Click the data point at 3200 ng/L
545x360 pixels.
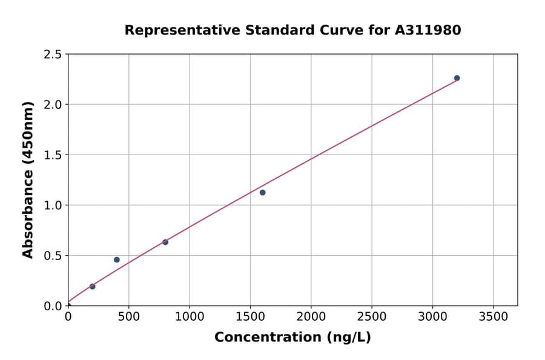(457, 78)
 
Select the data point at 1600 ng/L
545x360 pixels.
(262, 193)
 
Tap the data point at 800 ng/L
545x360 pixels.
(165, 242)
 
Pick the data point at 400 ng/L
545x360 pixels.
(117, 260)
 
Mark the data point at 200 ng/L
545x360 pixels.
(92, 287)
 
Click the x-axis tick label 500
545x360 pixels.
(128, 316)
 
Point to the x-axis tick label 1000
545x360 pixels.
(190, 316)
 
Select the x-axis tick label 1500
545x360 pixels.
(250, 316)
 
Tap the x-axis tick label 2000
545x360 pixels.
(311, 316)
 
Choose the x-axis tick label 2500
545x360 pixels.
(372, 316)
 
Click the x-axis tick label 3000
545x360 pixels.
(432, 316)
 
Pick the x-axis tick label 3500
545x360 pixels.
(494, 316)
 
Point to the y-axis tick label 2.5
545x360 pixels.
(53, 55)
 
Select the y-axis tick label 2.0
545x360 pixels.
(53, 105)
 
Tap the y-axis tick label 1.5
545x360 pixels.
(53, 155)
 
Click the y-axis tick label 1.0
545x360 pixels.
(53, 205)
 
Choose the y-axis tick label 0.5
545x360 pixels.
(53, 256)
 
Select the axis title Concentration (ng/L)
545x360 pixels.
(292, 338)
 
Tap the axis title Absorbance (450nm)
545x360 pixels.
(28, 179)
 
